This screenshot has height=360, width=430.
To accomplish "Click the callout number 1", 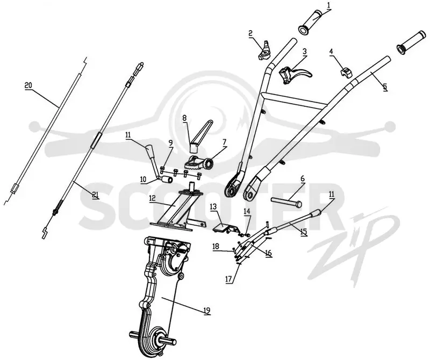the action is [328, 5].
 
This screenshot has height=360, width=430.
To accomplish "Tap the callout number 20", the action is [28, 85].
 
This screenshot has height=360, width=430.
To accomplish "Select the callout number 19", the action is [207, 310].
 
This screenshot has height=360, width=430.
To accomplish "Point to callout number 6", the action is [302, 178].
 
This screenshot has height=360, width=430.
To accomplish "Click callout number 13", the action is [213, 207].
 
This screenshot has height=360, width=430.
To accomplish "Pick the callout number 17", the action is [228, 279].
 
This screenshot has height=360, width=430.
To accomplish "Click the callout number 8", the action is [184, 118].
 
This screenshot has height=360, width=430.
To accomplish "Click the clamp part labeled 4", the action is [346, 72].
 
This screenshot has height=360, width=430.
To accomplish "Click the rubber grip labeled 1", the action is [310, 23].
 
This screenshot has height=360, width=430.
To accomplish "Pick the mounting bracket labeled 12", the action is [178, 208].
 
